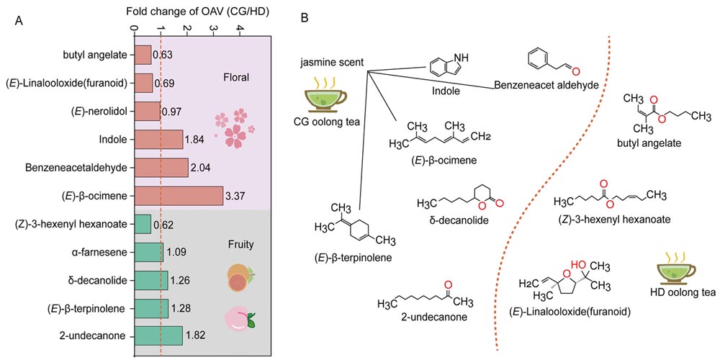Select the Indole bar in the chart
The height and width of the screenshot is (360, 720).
[x=158, y=139]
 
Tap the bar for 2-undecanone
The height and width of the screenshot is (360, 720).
[x=158, y=336]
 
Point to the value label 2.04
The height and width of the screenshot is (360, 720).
[x=199, y=167]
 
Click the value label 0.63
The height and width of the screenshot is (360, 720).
[x=162, y=55]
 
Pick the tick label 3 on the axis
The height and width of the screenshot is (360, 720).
[x=213, y=28]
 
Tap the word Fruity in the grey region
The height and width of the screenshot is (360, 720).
[x=238, y=244]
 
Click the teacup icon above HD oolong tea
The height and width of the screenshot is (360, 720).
[x=678, y=268]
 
